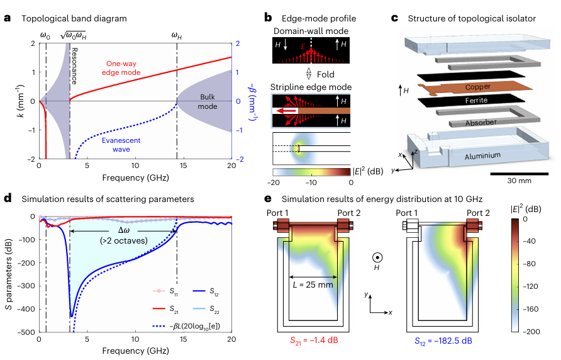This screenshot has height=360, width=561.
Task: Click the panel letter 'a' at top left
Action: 7,18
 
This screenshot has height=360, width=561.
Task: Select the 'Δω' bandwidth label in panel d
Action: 125,230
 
